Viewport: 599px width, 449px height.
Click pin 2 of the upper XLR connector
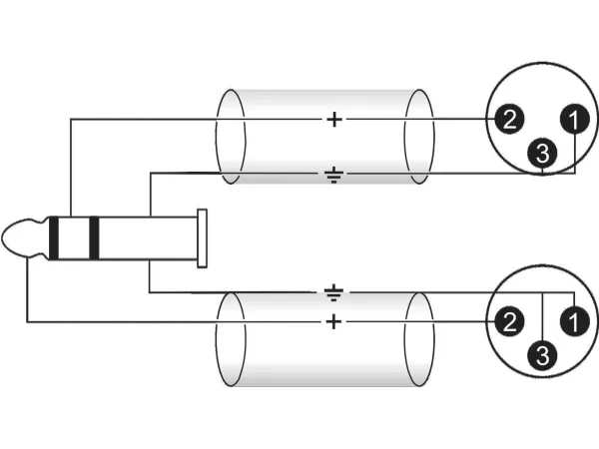tap(508, 121)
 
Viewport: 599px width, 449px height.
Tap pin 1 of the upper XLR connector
tap(573, 121)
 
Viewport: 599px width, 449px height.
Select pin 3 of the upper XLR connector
tap(541, 154)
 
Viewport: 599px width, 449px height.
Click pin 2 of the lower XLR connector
tap(508, 321)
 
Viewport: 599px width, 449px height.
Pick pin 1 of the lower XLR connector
tap(573, 321)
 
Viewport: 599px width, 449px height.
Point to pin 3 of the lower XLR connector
tap(541, 355)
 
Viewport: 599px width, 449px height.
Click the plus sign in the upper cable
tap(333, 121)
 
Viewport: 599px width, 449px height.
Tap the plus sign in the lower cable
tap(333, 321)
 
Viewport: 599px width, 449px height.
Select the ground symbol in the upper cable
tap(333, 177)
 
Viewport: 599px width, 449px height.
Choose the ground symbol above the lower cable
tap(333, 293)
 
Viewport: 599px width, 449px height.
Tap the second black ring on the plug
tap(94, 237)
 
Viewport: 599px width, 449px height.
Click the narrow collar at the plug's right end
tap(203, 238)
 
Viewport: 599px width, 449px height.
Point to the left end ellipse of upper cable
tap(231, 137)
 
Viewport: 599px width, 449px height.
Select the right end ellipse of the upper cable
tap(419, 137)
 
